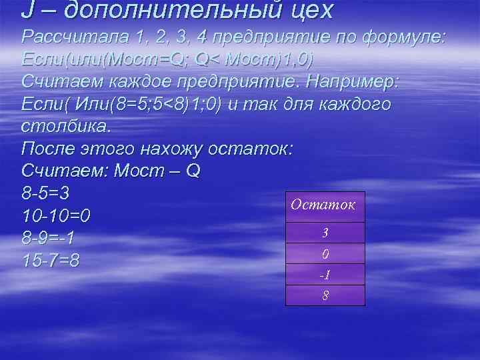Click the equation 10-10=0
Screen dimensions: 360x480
pos(57,216)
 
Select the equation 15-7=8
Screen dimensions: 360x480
pos(51,260)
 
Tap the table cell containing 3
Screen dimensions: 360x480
pos(325,233)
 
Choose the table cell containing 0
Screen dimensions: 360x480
pos(325,253)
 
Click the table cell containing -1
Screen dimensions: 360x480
pos(325,274)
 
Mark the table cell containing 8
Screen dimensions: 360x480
pos(325,295)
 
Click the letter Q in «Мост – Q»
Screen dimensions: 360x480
pos(191,171)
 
